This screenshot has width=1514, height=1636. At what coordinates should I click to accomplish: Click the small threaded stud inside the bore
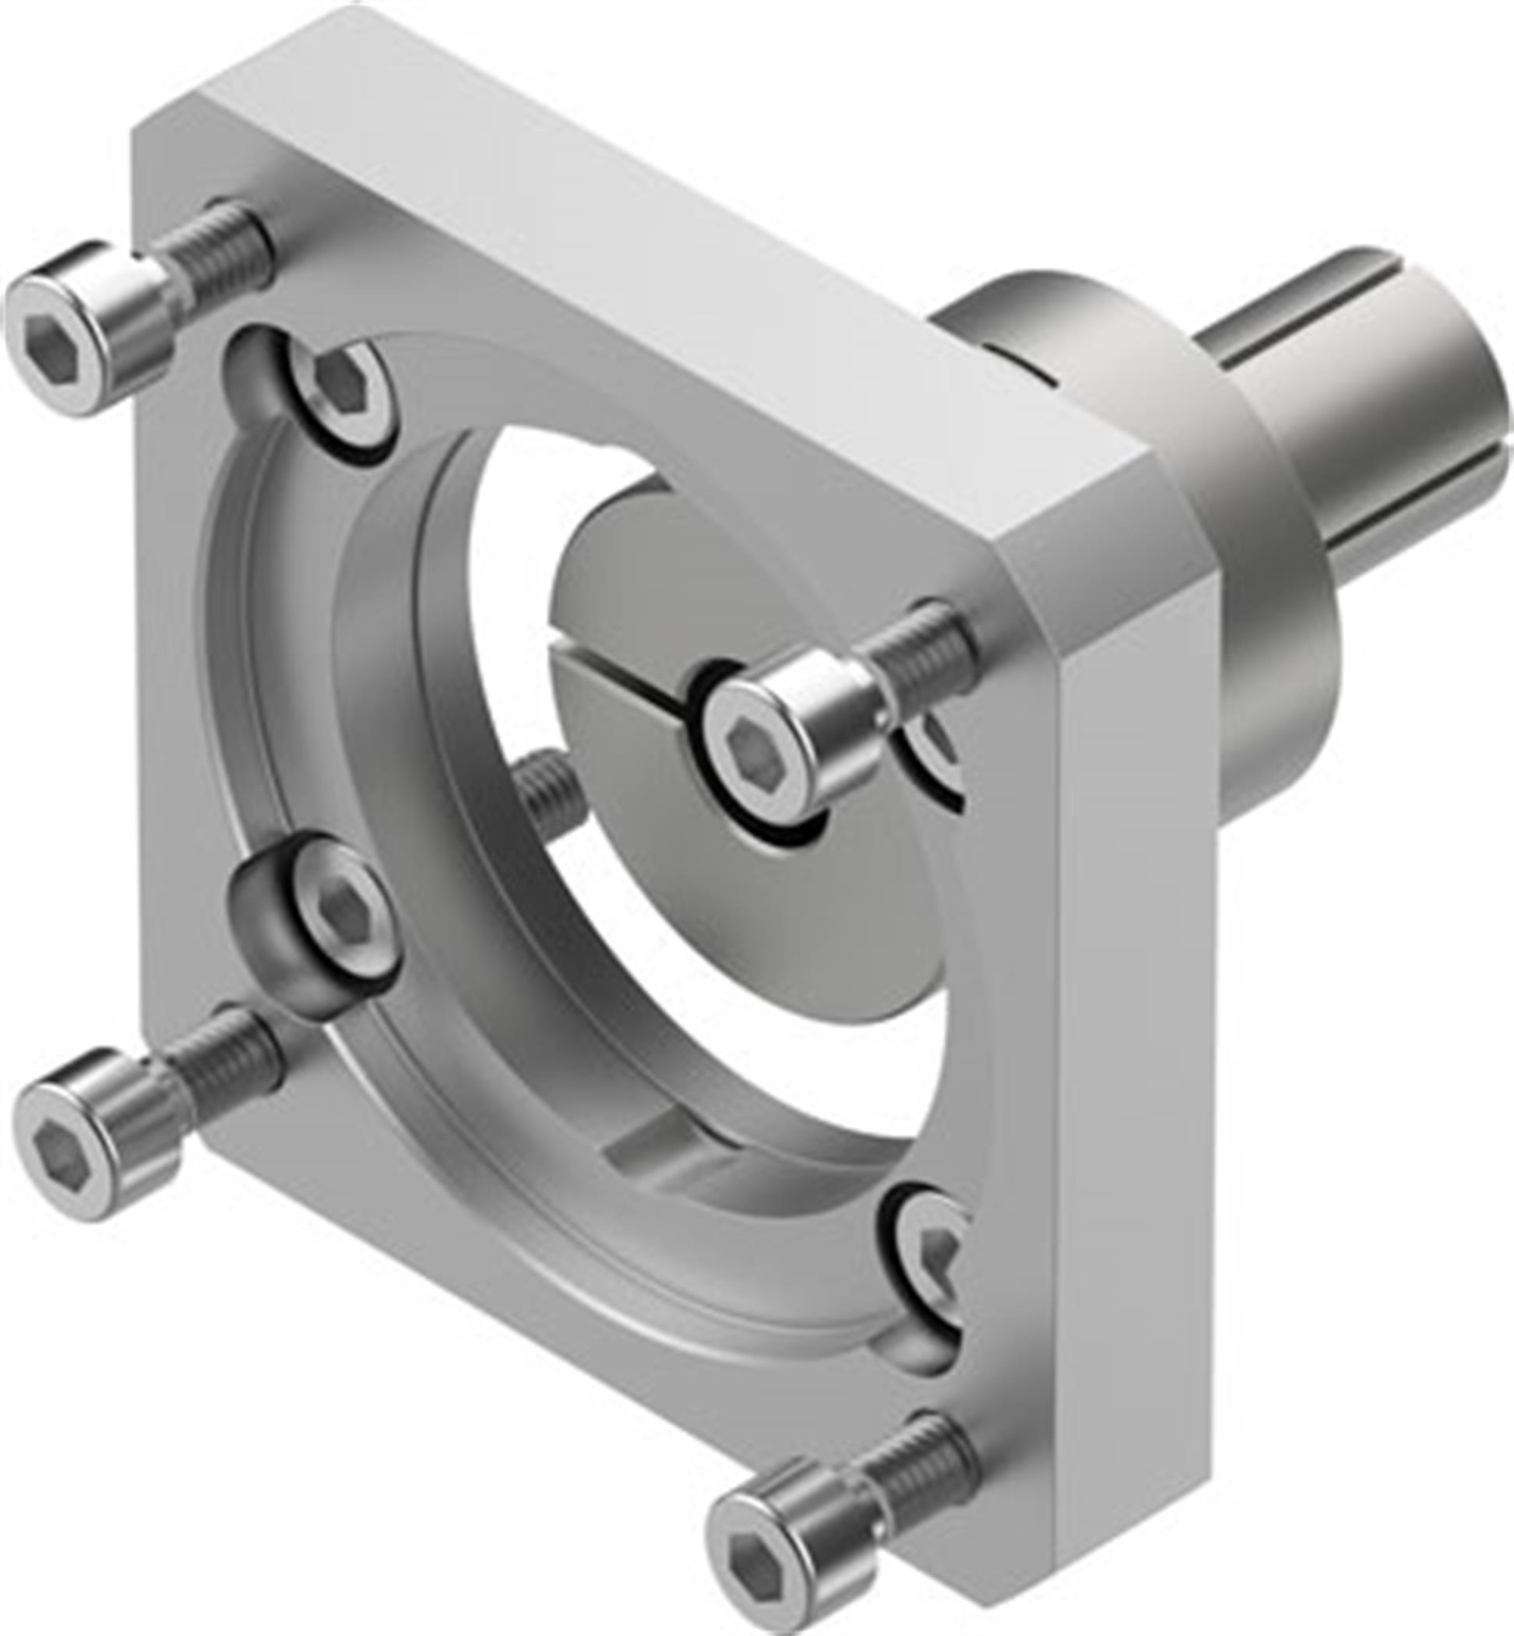click(548, 790)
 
